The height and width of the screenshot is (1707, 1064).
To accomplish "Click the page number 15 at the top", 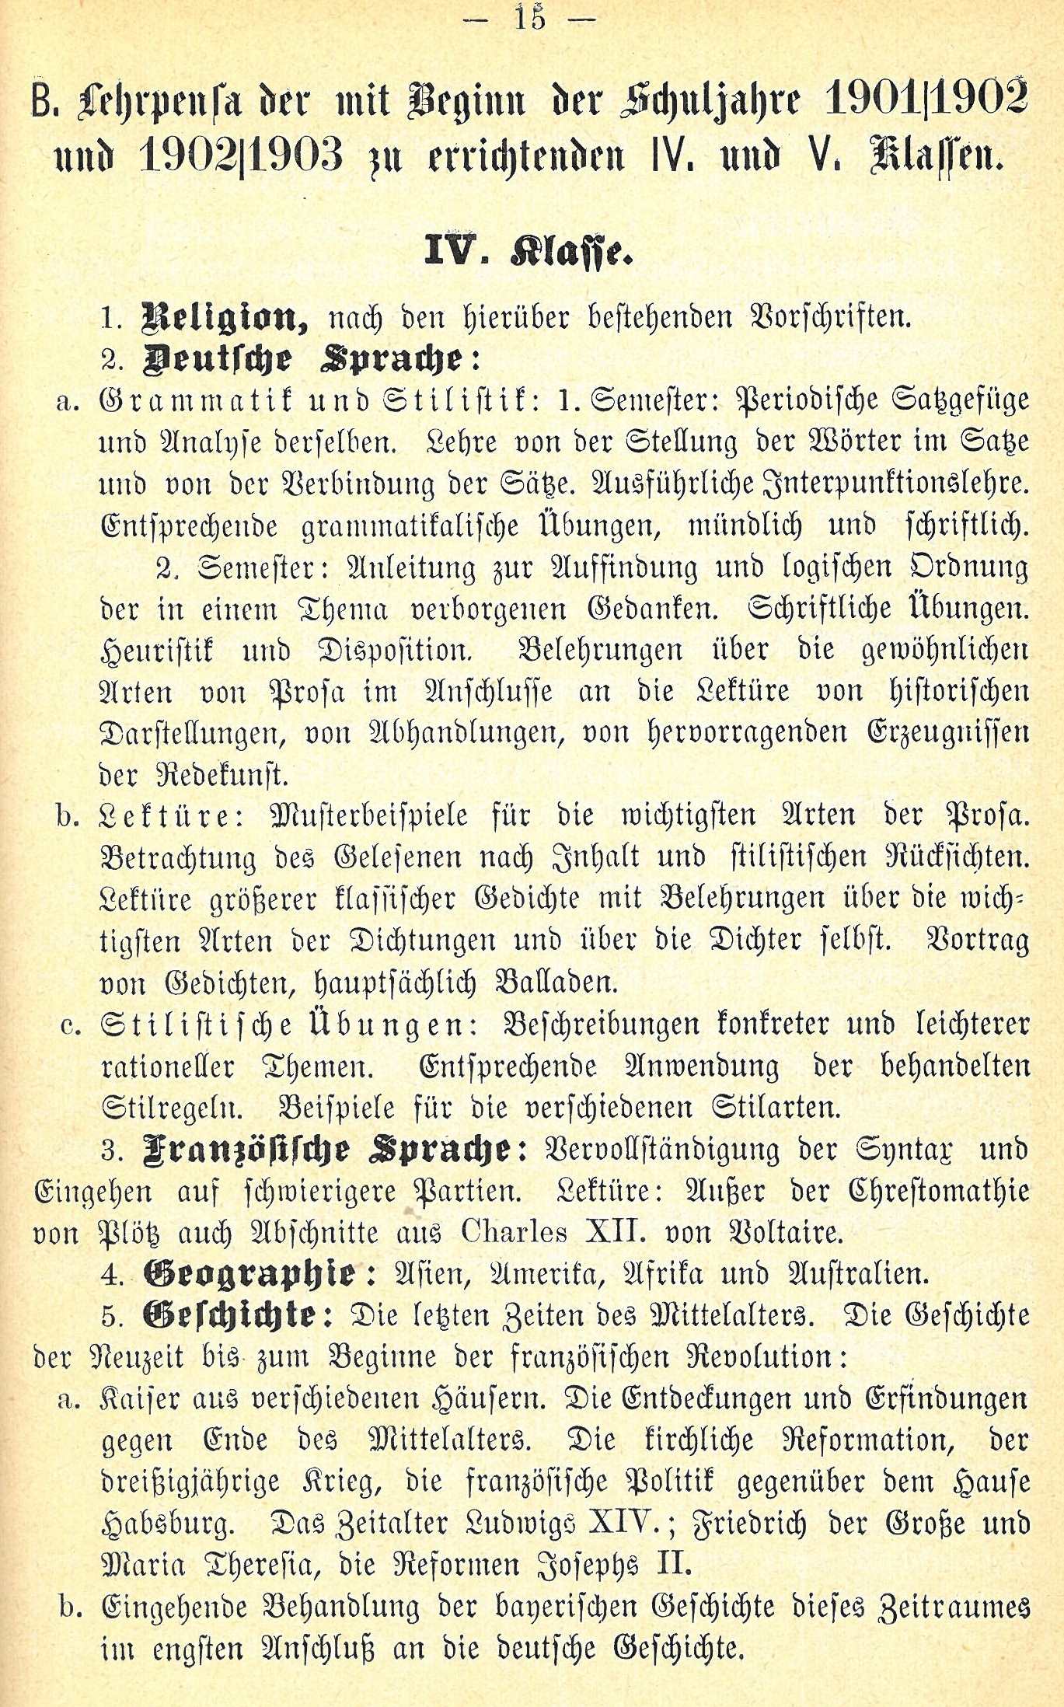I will [531, 16].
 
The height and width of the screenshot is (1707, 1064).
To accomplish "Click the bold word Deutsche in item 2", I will [218, 360].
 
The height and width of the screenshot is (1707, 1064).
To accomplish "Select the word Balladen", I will [556, 983].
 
